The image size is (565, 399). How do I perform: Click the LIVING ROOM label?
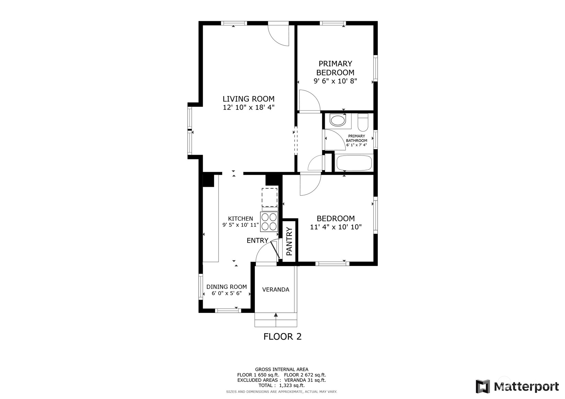248,99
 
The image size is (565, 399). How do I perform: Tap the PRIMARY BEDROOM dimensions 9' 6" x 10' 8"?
335,81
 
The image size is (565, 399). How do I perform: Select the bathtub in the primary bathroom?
354,163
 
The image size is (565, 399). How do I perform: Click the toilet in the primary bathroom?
363,123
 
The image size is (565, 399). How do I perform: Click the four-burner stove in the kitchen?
269,222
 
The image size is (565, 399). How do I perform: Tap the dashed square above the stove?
269,197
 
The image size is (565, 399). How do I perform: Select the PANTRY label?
290,242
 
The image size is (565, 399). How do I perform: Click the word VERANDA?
275,290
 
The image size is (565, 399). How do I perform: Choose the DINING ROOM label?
226,287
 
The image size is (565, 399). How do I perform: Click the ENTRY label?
257,241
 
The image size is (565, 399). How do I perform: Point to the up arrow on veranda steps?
276,315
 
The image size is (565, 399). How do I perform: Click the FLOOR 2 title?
282,337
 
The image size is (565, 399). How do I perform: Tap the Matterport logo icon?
483,386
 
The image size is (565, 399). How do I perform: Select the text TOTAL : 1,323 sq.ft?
281,385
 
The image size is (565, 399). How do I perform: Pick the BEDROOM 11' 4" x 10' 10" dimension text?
336,227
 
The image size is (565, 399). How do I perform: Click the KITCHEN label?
240,219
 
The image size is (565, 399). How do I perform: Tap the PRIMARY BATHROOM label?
356,138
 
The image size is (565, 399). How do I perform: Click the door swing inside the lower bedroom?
309,185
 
